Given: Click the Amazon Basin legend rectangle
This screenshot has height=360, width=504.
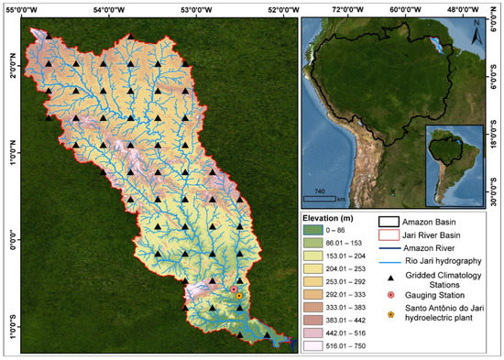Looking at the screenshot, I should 391,222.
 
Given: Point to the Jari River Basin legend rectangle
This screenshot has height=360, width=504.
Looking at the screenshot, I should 391,235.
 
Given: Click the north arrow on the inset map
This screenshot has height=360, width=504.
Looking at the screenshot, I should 477,38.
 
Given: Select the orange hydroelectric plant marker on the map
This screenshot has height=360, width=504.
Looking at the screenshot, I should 239,296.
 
